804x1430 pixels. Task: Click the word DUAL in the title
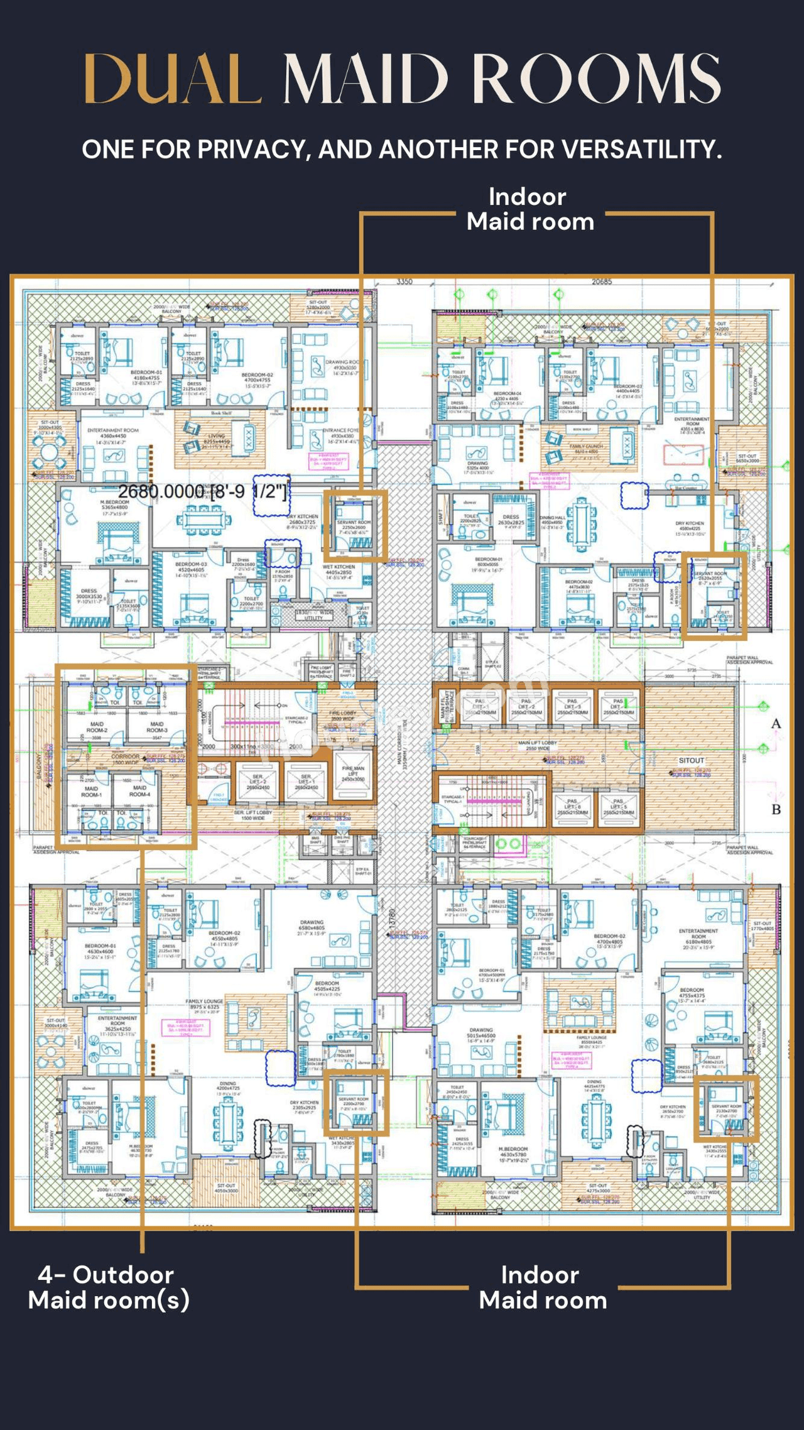click(172, 79)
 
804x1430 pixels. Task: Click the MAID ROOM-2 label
click(97, 727)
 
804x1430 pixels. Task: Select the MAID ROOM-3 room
click(157, 727)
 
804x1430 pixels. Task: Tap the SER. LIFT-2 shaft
click(258, 782)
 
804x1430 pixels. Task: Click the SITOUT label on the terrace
click(691, 760)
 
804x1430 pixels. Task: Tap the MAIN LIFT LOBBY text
click(537, 745)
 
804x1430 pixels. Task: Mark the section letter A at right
click(776, 724)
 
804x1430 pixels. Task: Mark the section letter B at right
click(776, 809)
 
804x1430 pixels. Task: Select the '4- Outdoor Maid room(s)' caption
click(108, 1287)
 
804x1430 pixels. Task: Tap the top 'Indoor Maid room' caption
click(530, 209)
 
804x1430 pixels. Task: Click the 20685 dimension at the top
click(601, 281)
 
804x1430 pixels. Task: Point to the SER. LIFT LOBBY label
click(253, 814)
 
